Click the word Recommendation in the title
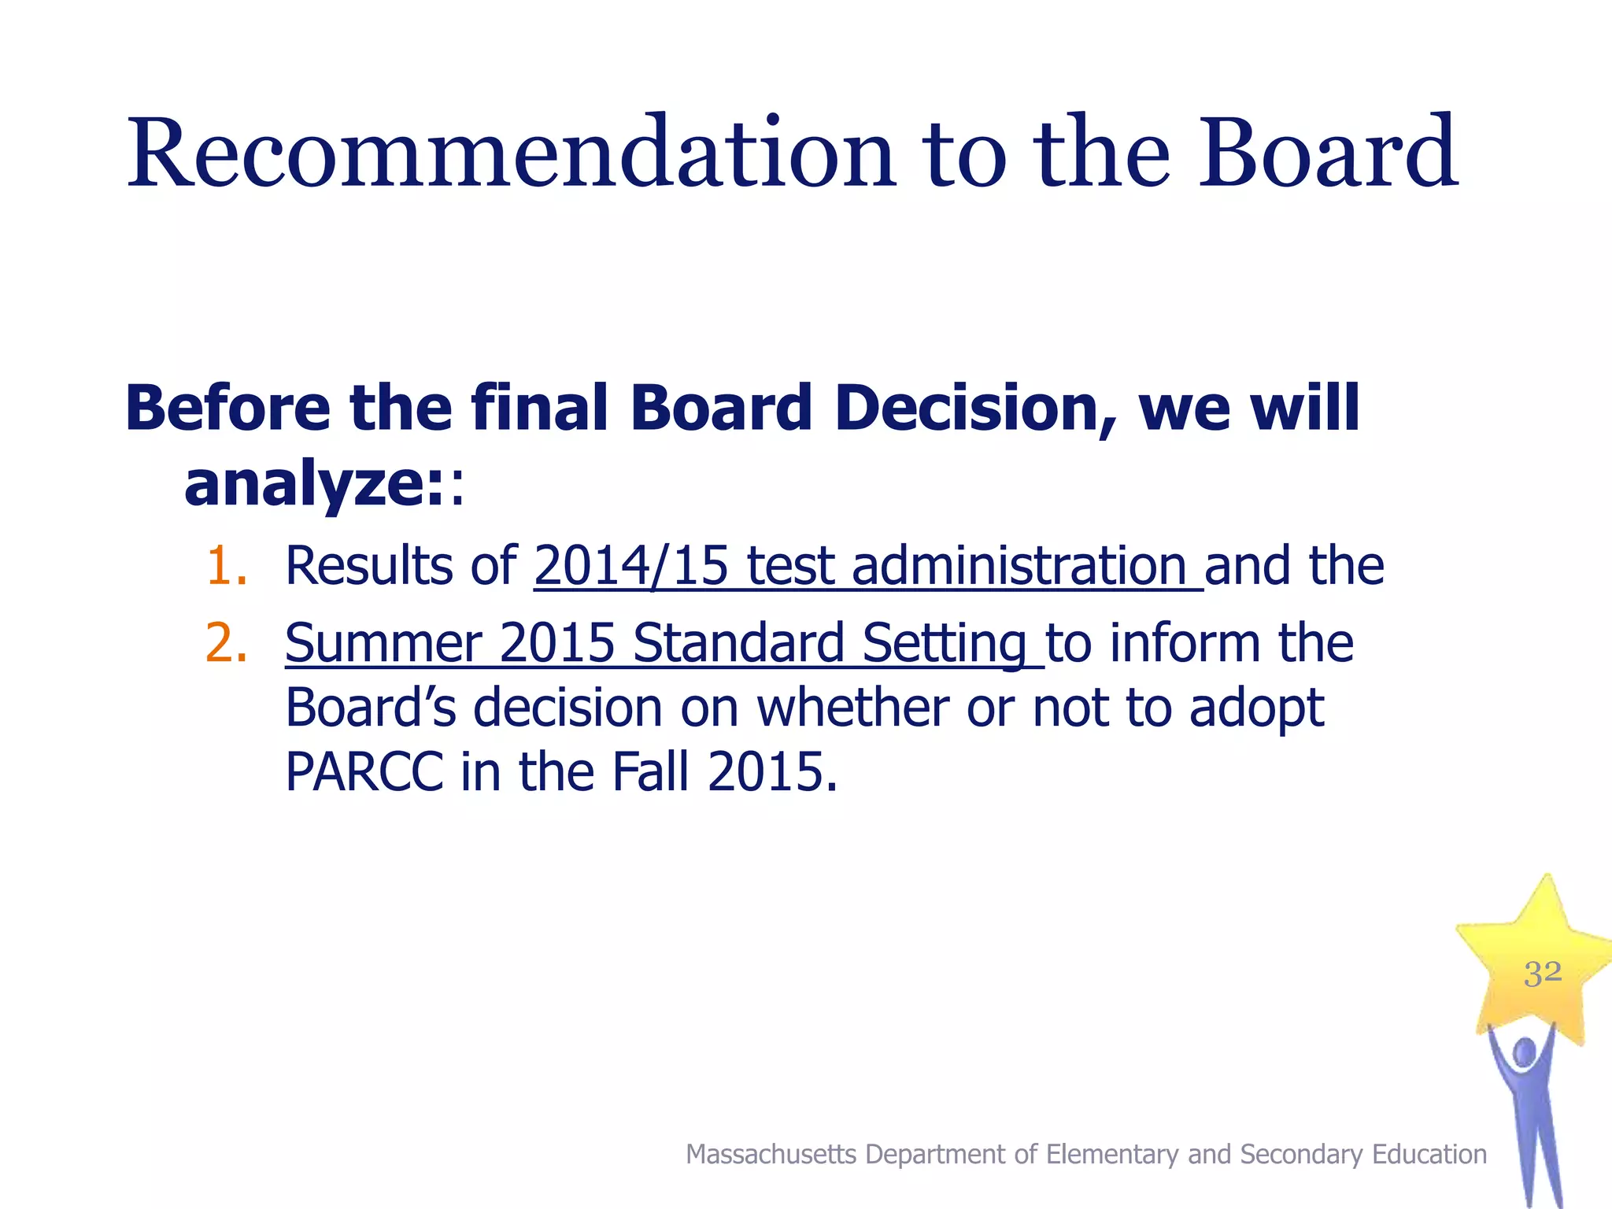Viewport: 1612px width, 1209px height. click(x=510, y=153)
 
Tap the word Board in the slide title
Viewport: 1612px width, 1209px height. click(x=1327, y=153)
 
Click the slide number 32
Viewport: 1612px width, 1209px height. click(x=1542, y=974)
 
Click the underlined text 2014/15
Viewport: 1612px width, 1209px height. click(x=631, y=566)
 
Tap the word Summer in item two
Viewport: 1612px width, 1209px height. click(x=383, y=643)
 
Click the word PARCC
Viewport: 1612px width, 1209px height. click(x=364, y=772)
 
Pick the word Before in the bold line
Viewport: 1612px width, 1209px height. click(x=227, y=409)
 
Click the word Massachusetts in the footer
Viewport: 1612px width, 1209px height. click(x=771, y=1155)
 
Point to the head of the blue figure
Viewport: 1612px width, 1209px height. click(x=1524, y=1052)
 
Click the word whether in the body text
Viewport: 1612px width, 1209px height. click(x=852, y=708)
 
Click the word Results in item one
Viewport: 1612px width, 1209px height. click(x=368, y=566)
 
